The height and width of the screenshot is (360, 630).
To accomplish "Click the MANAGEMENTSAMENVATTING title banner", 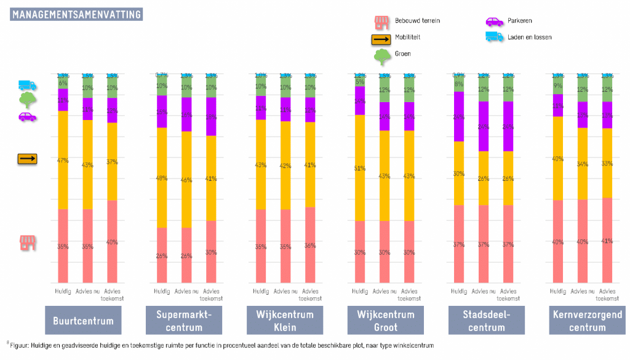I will (x=76, y=14).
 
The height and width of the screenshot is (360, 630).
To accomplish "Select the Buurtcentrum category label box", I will (x=83, y=321).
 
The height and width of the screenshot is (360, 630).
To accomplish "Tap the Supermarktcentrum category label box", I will (x=184, y=321).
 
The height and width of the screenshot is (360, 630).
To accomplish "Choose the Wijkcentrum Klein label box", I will (x=284, y=321).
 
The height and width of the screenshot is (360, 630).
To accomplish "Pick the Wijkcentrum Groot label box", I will (x=385, y=321).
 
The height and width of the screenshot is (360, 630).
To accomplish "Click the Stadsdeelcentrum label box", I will (x=486, y=321).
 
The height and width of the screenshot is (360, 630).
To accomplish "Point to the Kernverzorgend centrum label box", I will (x=587, y=321).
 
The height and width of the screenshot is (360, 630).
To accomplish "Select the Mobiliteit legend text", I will (x=407, y=37).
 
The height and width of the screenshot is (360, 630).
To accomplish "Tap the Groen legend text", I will (x=403, y=54).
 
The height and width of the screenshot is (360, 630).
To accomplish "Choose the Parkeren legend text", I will (x=520, y=21).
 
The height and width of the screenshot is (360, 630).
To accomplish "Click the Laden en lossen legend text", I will (x=529, y=37).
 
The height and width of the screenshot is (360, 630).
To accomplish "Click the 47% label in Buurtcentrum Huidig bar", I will (x=63, y=161).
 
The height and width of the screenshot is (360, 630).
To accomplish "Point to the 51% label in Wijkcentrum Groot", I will (x=360, y=168).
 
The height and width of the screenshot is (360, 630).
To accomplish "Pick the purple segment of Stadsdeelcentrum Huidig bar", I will (x=459, y=117).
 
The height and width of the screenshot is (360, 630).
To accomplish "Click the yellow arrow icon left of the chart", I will (x=27, y=159).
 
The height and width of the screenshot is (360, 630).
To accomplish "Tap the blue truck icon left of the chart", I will (x=28, y=85).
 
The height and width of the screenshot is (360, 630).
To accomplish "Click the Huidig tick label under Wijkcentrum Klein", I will (x=261, y=290).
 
